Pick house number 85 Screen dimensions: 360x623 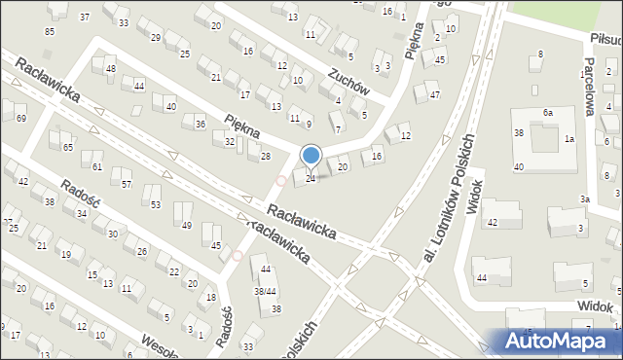50,31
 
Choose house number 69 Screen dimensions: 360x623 21,118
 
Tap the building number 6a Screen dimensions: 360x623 548,113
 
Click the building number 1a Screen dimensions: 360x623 568,139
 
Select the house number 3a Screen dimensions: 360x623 585,198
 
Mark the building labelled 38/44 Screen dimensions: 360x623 263,291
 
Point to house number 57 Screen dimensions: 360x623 127,184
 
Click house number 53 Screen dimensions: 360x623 156,203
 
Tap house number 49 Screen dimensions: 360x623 186,225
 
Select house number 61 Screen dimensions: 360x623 97,166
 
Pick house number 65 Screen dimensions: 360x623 68,147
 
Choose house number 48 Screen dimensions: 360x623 111,68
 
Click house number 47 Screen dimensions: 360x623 434,94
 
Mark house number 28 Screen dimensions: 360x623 265,156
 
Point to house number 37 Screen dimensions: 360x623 85,17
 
